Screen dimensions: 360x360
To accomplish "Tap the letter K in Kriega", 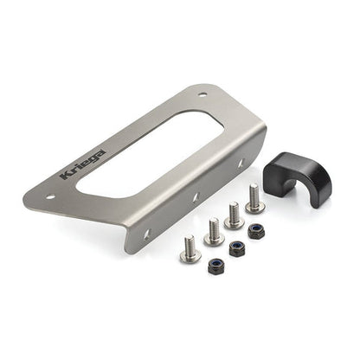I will (x=66, y=175).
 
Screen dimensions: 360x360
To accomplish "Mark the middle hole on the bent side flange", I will (x=196, y=197).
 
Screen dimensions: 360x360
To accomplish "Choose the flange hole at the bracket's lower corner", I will (x=145, y=233).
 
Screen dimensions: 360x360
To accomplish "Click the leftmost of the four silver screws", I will (x=191, y=249).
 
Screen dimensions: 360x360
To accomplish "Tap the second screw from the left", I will (x=214, y=231).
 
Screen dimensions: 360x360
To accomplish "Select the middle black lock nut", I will (x=235, y=247).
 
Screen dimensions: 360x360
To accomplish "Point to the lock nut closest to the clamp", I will (x=256, y=231).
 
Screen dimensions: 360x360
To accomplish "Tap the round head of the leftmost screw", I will (x=190, y=255).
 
